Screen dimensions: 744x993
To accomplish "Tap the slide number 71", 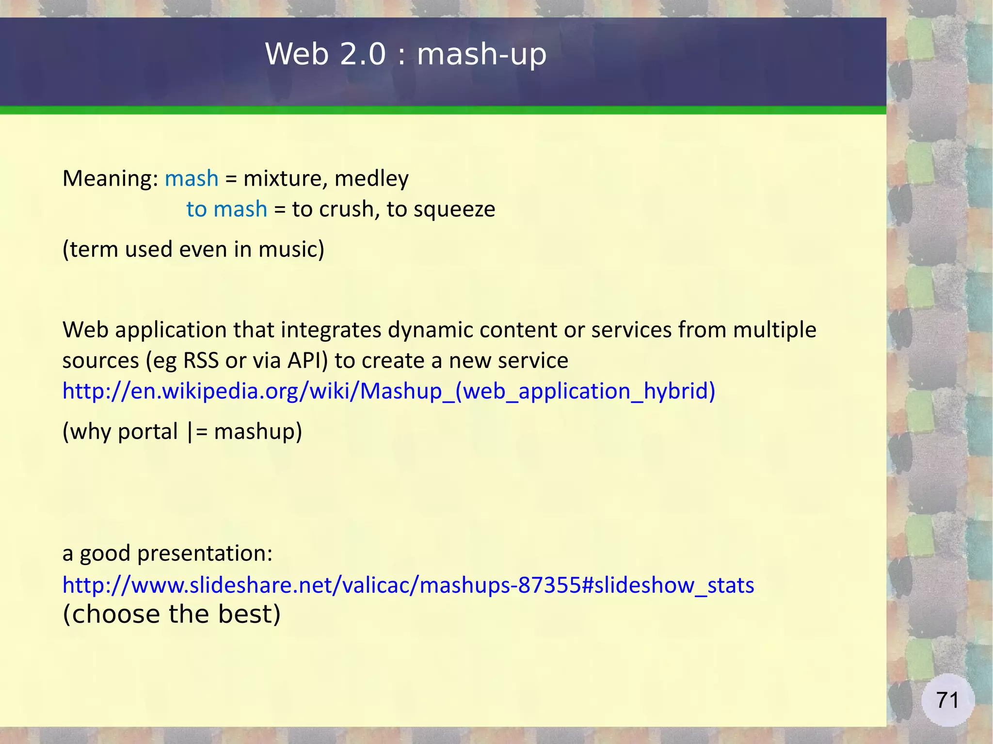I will click(x=947, y=700).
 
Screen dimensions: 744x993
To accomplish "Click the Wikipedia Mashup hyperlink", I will click(x=388, y=391).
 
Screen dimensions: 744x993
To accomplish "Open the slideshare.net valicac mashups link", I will click(x=408, y=585).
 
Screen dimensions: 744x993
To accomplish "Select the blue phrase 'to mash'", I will click(x=226, y=209).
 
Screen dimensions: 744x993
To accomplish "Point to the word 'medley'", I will click(x=371, y=178).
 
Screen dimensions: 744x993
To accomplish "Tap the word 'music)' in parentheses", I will click(x=291, y=249).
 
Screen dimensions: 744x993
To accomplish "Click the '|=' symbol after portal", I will click(x=197, y=431).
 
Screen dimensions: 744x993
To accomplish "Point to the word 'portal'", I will click(x=147, y=431).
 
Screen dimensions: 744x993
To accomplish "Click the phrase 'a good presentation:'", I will click(x=167, y=553).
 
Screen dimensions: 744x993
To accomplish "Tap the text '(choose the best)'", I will click(x=172, y=614).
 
